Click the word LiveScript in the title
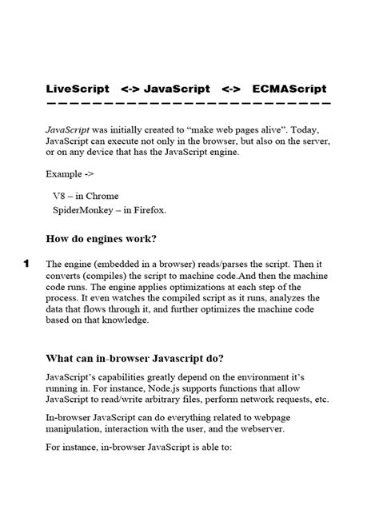76,88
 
